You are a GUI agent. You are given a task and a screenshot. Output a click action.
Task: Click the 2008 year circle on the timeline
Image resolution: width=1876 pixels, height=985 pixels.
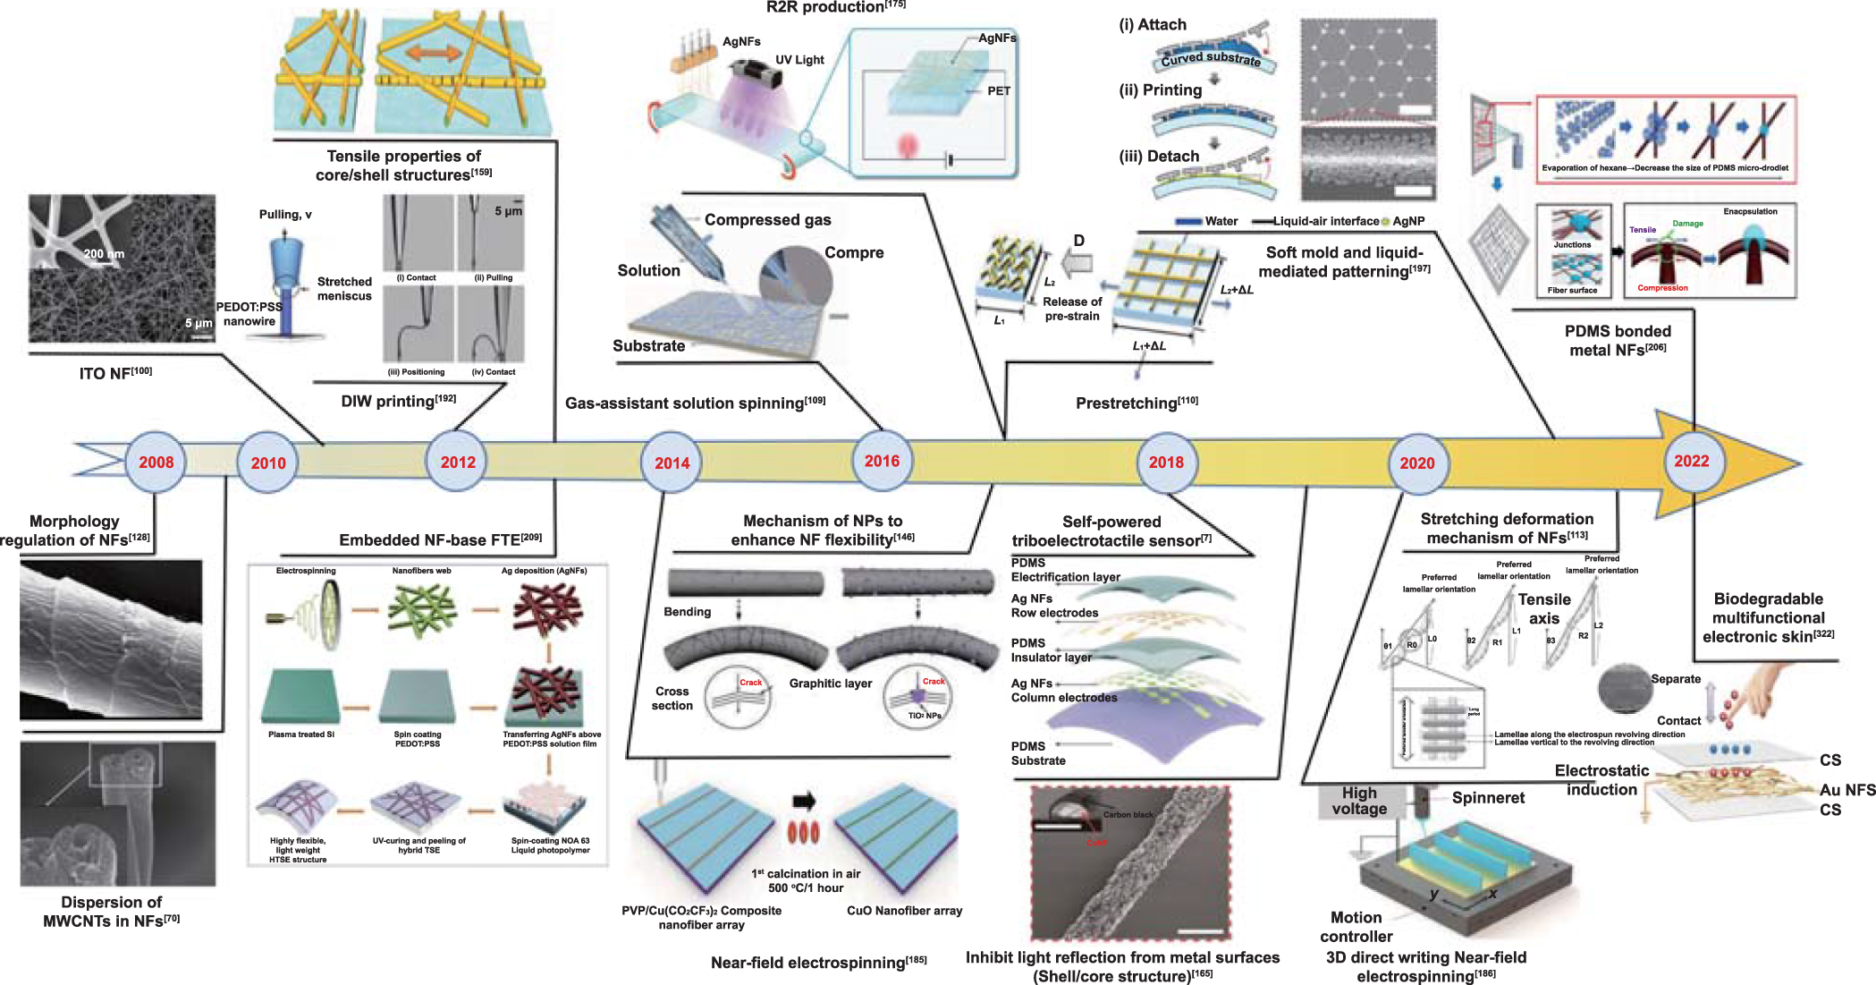click(156, 463)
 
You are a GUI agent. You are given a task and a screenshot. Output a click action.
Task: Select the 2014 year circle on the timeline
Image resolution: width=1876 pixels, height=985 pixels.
click(672, 463)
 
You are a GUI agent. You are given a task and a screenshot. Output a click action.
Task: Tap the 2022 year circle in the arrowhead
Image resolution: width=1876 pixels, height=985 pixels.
click(1691, 462)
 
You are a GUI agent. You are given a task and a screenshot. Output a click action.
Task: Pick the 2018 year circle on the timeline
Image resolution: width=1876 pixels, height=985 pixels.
click(1166, 463)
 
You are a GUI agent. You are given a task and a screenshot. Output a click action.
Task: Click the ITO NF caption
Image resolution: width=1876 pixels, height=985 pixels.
click(114, 373)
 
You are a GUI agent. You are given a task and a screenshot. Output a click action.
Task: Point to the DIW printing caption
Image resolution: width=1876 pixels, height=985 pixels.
click(398, 401)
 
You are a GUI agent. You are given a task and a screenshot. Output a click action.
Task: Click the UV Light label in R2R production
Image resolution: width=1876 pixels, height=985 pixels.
click(799, 60)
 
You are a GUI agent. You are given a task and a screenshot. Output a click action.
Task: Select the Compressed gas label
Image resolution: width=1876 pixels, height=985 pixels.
click(767, 220)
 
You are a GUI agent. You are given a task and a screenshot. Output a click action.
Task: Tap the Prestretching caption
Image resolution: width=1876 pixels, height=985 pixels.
click(1136, 403)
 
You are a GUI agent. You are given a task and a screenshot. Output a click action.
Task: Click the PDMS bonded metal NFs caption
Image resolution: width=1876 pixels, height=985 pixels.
click(1617, 341)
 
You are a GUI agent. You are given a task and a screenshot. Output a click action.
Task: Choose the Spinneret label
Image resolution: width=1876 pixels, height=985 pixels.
click(1488, 797)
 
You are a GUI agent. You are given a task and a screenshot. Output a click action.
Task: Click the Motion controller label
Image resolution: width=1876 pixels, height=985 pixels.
click(1356, 927)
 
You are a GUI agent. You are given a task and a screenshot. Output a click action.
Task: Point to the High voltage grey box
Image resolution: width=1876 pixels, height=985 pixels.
click(1358, 801)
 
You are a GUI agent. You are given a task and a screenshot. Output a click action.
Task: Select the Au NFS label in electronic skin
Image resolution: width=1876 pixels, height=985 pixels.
click(1846, 790)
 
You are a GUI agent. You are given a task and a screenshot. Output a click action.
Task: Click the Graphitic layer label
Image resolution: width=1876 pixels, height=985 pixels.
click(830, 684)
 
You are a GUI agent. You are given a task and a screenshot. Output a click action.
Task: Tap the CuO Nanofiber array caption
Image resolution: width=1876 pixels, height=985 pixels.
click(904, 911)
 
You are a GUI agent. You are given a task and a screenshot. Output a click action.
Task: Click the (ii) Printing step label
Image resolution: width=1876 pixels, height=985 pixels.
click(1160, 90)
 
